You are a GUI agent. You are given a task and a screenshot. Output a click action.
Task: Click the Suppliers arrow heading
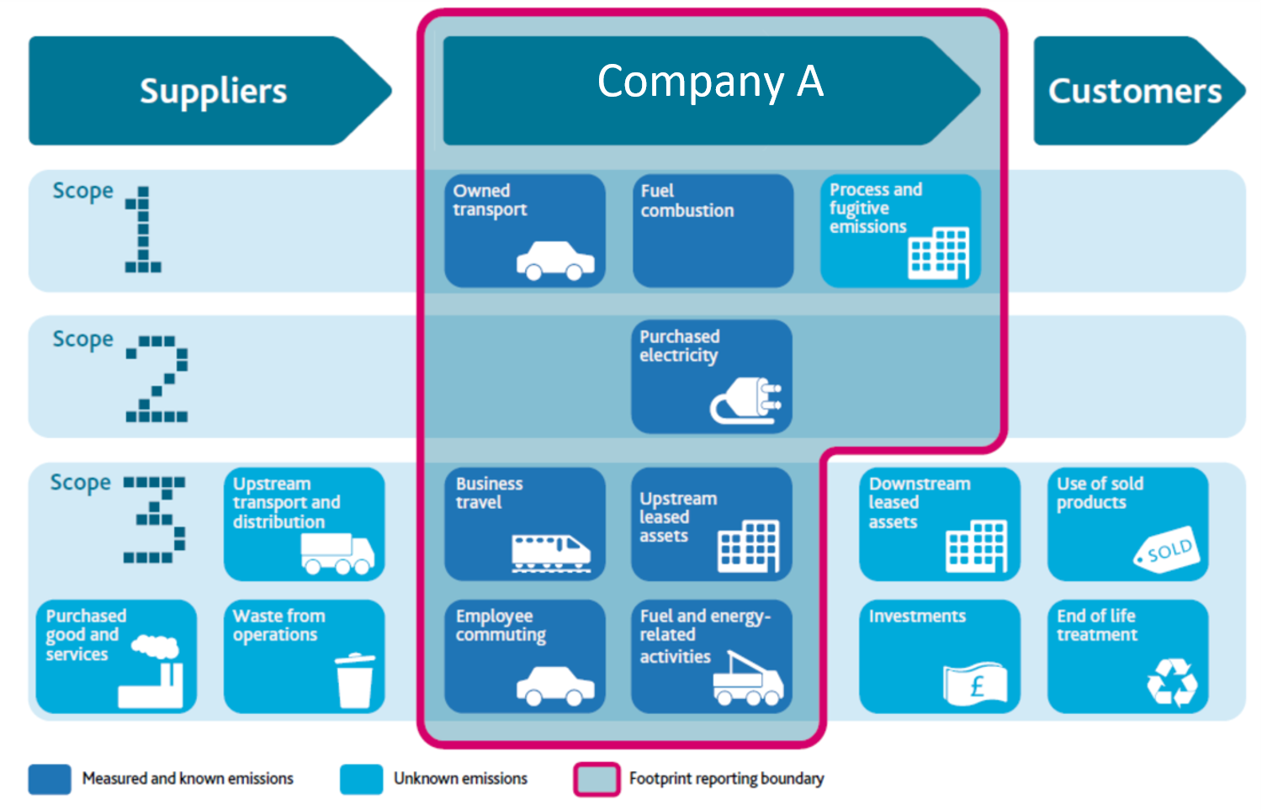click(213, 91)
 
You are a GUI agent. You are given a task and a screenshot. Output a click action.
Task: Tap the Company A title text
click(710, 82)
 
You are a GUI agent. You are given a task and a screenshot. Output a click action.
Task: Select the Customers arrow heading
click(1134, 91)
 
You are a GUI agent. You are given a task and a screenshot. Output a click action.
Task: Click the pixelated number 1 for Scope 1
click(143, 230)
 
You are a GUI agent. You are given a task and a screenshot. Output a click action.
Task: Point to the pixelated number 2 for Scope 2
click(157, 379)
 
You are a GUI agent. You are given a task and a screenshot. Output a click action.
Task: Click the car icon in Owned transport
click(555, 260)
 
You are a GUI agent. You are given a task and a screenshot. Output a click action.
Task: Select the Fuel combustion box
click(713, 230)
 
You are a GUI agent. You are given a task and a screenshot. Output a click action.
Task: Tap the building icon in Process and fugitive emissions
click(938, 252)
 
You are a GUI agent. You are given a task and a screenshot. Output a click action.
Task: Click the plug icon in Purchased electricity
click(746, 402)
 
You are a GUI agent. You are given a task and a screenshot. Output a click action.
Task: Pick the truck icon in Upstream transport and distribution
click(337, 554)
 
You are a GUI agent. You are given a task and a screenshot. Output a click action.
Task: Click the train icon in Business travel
click(551, 553)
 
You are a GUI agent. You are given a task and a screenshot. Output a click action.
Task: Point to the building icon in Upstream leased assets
click(748, 546)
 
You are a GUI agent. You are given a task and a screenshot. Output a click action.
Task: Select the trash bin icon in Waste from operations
click(355, 680)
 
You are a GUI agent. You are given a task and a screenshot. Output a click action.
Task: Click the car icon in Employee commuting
click(555, 686)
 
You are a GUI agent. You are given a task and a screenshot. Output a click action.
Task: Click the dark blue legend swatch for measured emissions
click(50, 779)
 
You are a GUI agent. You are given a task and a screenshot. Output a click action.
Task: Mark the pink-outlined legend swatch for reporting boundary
click(597, 779)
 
